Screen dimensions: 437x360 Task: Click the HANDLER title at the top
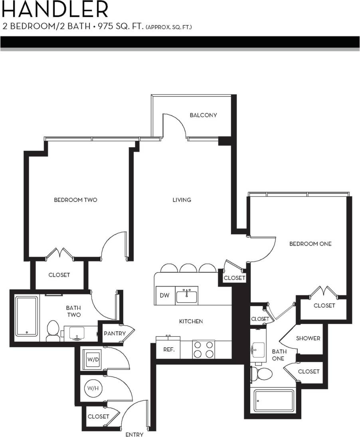coord(54,9)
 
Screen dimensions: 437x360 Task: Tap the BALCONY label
coord(203,115)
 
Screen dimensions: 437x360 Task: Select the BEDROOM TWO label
coord(75,200)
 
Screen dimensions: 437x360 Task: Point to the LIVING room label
coord(182,200)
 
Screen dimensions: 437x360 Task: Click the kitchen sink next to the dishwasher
coord(187,296)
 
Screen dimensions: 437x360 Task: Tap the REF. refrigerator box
coord(168,349)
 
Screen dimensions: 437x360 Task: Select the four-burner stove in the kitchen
coord(204,349)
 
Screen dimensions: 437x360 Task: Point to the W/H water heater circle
coord(93,388)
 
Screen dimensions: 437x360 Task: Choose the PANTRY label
coord(115,333)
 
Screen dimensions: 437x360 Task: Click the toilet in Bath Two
coord(53,331)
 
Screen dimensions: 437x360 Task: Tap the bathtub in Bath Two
coord(27,316)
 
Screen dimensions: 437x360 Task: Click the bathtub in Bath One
coord(274,401)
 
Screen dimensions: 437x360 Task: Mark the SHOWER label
coord(308,338)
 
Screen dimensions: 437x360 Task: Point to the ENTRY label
coord(135,434)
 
